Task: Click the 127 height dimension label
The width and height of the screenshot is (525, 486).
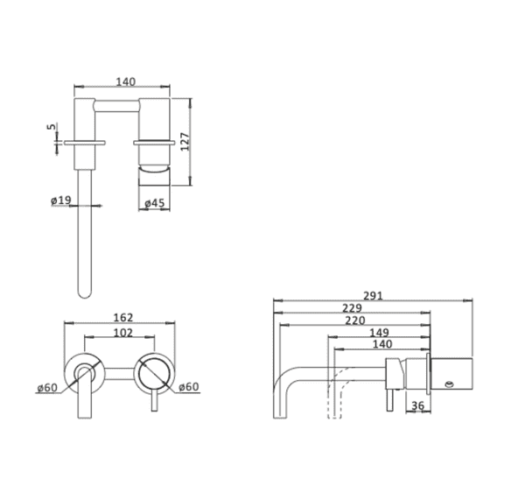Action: click(185, 141)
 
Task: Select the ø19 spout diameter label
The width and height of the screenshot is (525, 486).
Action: click(60, 201)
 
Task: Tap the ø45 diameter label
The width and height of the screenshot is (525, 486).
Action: click(154, 203)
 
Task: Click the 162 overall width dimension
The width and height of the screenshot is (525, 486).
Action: click(123, 319)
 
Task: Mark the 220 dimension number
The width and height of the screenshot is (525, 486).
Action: click(357, 320)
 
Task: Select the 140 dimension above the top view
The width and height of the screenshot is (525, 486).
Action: click(125, 81)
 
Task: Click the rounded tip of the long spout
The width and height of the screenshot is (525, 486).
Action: click(85, 293)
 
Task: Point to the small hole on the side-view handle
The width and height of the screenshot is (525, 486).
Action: click(449, 383)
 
